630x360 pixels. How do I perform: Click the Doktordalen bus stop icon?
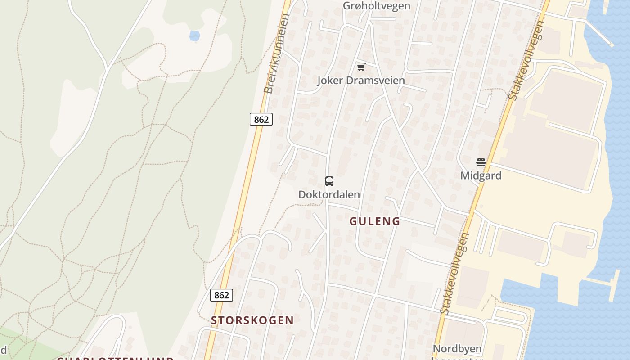[329, 181]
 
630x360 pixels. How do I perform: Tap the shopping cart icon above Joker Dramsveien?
[361, 67]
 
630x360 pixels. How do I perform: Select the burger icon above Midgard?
[481, 162]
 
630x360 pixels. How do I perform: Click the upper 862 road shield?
[261, 119]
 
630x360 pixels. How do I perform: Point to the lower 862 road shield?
[221, 295]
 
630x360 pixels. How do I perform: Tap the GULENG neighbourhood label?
[375, 221]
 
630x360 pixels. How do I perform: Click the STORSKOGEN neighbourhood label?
[252, 320]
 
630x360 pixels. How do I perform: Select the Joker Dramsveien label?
[361, 81]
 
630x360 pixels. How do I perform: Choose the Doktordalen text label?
[329, 194]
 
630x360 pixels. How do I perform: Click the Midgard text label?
[481, 175]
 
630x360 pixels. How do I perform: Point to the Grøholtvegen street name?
[377, 6]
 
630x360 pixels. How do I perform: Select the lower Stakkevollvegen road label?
[455, 273]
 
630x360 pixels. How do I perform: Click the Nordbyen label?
[457, 349]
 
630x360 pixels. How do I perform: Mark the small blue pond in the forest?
[194, 36]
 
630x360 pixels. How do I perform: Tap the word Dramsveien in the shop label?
[377, 81]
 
